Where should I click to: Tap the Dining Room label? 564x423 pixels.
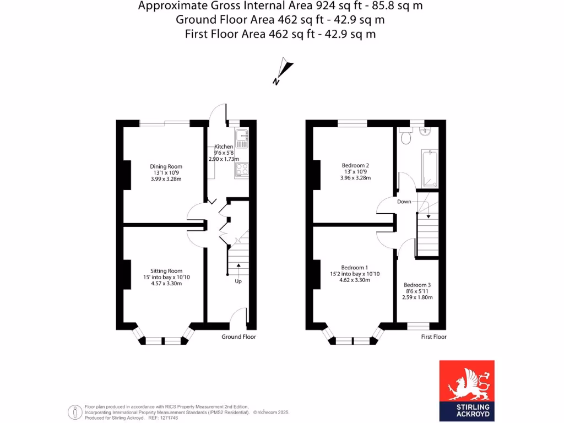pos(166,166)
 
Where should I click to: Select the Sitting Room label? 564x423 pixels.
pos(166,271)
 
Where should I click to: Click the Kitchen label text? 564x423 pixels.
pos(224,147)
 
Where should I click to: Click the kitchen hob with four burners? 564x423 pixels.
pos(242,170)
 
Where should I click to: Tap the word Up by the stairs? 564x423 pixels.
pos(238,281)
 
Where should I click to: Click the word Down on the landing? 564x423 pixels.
pos(404,202)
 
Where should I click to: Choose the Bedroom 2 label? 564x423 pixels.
pos(355,165)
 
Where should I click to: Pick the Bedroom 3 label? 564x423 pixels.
pos(417,285)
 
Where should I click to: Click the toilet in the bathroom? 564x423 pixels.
pos(406,136)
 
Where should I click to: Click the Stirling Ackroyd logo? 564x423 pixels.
pos(467,391)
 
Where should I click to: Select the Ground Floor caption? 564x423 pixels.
pos(238,337)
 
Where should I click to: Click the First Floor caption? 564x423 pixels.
pos(433,337)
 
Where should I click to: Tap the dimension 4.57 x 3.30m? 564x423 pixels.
pos(166,284)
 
